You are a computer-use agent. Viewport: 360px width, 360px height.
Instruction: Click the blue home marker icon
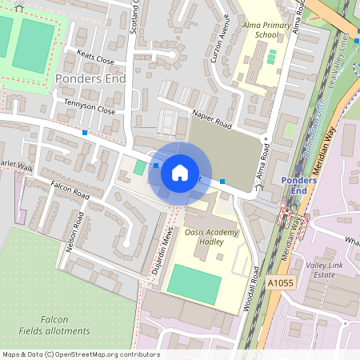point(180,172)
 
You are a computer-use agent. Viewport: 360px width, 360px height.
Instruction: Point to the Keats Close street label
point(95,60)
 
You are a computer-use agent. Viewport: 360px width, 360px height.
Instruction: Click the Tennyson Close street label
point(85,111)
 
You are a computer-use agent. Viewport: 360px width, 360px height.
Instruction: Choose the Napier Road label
point(212,121)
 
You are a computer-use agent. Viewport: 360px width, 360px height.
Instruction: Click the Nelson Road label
point(78,230)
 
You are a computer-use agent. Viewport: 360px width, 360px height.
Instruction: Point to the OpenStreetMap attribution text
point(80,354)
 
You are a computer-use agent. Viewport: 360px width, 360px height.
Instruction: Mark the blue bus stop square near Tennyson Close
point(85,132)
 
